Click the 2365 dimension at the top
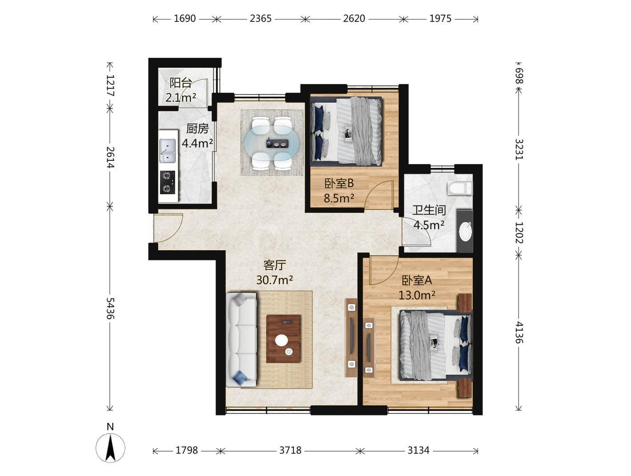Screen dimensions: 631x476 pyautogui.click(x=260, y=19)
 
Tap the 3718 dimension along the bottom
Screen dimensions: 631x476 pyautogui.click(x=290, y=450)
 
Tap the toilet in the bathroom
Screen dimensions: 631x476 pyautogui.click(x=459, y=188)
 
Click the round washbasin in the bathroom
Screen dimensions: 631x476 pyautogui.click(x=465, y=231)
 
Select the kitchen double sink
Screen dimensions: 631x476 pyautogui.click(x=167, y=151)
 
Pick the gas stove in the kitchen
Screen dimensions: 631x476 pyautogui.click(x=168, y=183)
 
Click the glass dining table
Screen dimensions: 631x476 pyautogui.click(x=272, y=143)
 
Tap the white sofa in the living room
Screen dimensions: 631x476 pyautogui.click(x=241, y=340)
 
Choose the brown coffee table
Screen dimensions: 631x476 pyautogui.click(x=284, y=339)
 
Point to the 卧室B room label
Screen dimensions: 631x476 pyautogui.click(x=339, y=184)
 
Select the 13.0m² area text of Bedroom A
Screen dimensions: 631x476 pyautogui.click(x=416, y=295)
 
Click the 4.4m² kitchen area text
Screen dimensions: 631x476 pyautogui.click(x=197, y=143)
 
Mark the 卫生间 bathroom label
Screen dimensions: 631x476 pyautogui.click(x=429, y=210)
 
